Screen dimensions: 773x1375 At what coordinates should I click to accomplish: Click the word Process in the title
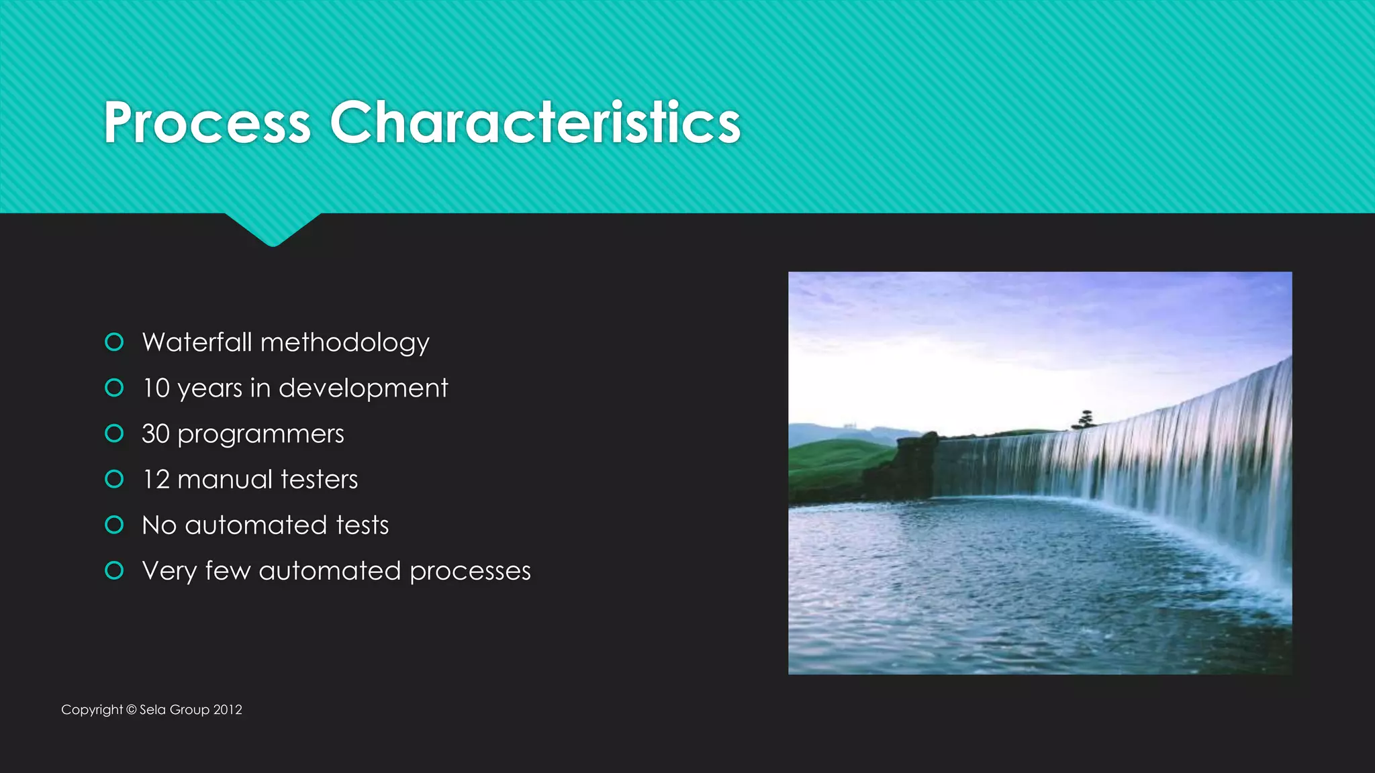click(207, 123)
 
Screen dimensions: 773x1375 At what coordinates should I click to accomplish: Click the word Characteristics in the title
click(534, 123)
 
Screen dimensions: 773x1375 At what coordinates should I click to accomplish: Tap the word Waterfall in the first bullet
click(197, 342)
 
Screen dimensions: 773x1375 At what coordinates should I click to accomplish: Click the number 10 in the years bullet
click(156, 389)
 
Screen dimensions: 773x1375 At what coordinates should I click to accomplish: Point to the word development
click(363, 389)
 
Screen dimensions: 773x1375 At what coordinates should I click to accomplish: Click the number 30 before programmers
click(156, 434)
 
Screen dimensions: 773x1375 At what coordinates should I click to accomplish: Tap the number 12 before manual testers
click(156, 480)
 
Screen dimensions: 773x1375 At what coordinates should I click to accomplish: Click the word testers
click(319, 480)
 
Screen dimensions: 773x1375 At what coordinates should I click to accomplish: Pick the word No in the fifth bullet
click(159, 525)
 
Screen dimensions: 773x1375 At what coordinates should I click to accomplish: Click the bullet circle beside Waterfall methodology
click(115, 342)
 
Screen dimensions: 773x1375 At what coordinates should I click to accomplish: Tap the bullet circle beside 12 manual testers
click(115, 479)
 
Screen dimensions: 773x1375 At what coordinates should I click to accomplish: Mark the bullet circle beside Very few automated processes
click(115, 570)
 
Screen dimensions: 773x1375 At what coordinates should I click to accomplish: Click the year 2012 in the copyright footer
click(228, 710)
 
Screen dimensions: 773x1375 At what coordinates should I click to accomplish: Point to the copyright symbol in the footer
click(131, 710)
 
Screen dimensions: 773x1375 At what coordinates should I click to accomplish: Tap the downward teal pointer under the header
click(273, 230)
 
